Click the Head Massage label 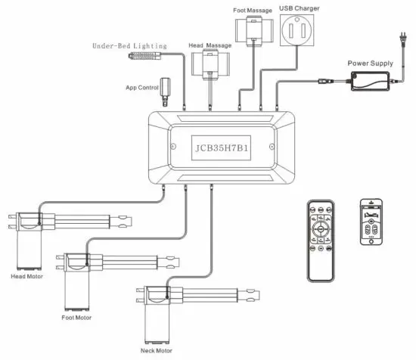210,46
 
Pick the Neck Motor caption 157,352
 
